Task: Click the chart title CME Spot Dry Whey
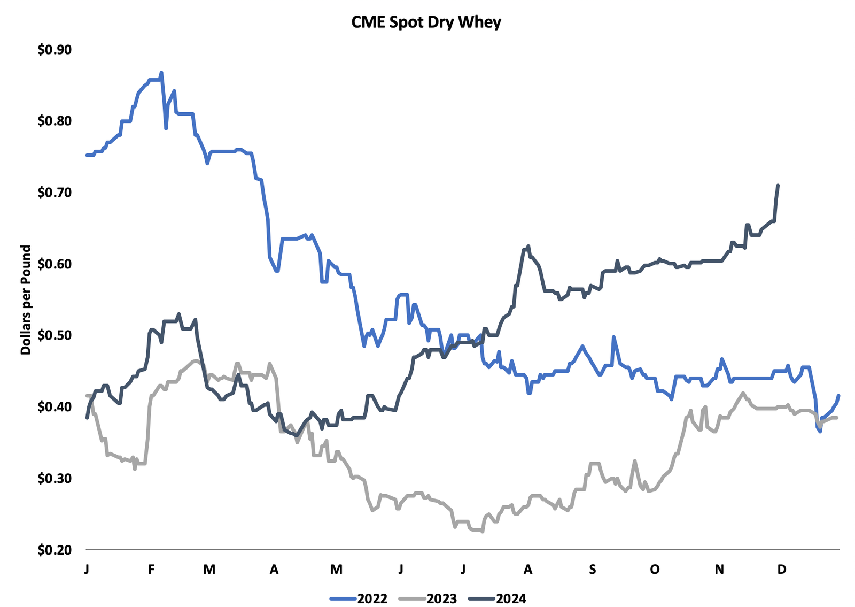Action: tap(426, 22)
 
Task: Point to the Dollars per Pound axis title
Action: tap(26, 299)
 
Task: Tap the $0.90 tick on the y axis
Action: tap(54, 50)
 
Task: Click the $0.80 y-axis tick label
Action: tap(54, 121)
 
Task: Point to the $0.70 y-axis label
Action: tap(54, 193)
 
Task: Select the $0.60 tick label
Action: tap(54, 264)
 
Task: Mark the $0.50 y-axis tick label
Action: tap(54, 335)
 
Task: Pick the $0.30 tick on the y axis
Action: tap(54, 478)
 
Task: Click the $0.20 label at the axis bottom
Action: tap(54, 550)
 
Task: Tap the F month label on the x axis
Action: tap(151, 569)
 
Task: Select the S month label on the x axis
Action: tap(592, 569)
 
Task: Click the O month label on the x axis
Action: tap(655, 569)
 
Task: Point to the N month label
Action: tap(719, 569)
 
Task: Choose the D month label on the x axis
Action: tap(782, 569)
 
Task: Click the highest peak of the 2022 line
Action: tap(161, 72)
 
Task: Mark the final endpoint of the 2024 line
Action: tap(778, 186)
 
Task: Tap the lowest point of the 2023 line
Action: tap(483, 532)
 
